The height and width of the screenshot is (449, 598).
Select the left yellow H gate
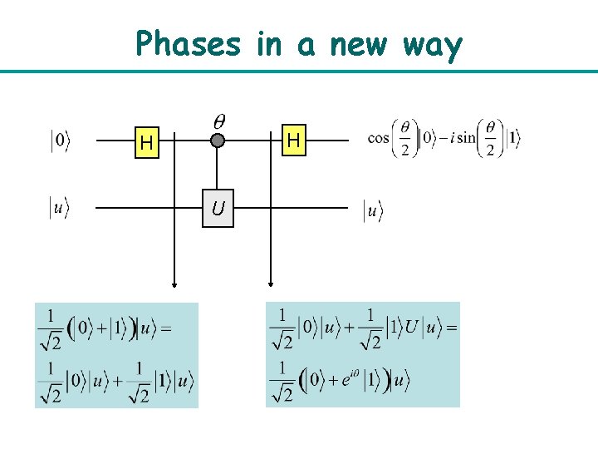click(x=147, y=142)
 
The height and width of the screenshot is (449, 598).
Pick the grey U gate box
click(x=218, y=210)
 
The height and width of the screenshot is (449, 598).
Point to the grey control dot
click(x=218, y=141)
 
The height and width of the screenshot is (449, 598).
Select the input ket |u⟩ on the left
click(x=58, y=209)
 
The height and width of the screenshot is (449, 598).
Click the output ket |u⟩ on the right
click(x=373, y=211)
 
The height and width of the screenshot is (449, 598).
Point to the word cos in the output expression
click(x=378, y=139)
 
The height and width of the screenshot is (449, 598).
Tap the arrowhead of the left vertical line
click(x=174, y=284)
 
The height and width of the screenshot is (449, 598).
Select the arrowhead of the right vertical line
click(x=270, y=284)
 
